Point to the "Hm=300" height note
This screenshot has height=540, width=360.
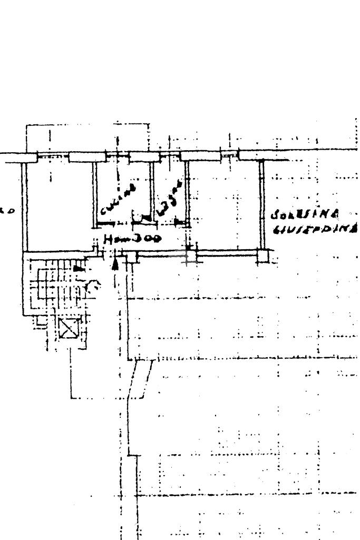[x=132, y=239]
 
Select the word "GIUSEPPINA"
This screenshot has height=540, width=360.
[x=315, y=229]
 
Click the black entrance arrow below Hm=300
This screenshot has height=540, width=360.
[x=115, y=262]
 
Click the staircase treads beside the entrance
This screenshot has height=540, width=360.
[x=53, y=284]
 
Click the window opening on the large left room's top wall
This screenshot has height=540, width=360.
[x=53, y=156]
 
